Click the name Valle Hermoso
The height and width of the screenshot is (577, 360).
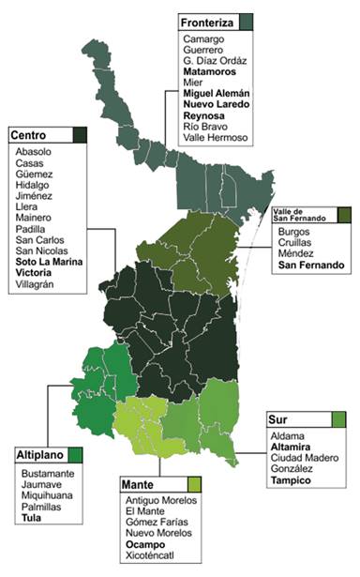click(216, 138)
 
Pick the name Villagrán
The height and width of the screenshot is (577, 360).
click(37, 287)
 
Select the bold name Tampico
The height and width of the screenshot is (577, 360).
click(291, 481)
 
